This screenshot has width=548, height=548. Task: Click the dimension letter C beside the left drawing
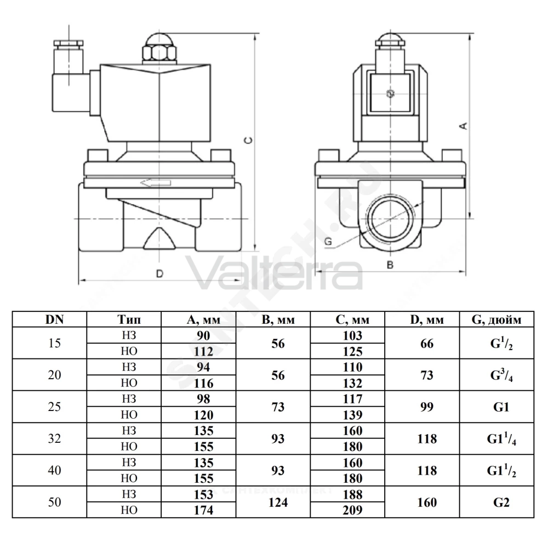coord(248,140)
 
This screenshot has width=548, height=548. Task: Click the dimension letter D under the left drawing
coord(159,273)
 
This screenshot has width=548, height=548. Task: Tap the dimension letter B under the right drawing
coord(390,265)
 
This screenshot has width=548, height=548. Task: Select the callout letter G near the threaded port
coord(328,241)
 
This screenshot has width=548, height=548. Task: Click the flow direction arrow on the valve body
coord(156,183)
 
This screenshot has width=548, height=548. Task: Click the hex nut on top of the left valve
coord(159,53)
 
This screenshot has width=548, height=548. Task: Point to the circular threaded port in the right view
coord(390,219)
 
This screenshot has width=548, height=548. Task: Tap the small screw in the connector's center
coord(390,93)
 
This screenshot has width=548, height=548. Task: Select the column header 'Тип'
coord(129,319)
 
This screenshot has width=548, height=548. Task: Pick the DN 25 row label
coord(54,407)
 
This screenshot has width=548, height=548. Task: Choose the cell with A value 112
coord(203,351)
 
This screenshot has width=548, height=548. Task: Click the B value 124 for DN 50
coord(278,502)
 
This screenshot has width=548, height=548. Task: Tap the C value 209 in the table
coord(352,510)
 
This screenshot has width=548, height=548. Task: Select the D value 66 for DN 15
coord(427,343)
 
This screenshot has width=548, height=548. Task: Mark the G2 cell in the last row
coord(501,502)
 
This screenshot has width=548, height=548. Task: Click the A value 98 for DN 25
coord(203,399)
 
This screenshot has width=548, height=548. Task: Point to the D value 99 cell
coord(427,407)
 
